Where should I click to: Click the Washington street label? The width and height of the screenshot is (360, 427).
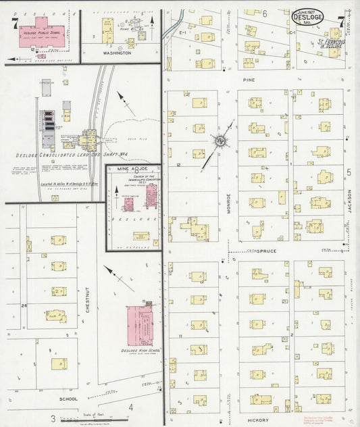[x=117, y=52]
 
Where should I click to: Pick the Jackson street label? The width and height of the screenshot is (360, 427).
[x=350, y=199]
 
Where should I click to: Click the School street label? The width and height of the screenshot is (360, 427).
[x=68, y=399]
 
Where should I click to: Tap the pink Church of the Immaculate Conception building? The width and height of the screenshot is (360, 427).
[x=151, y=196]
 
